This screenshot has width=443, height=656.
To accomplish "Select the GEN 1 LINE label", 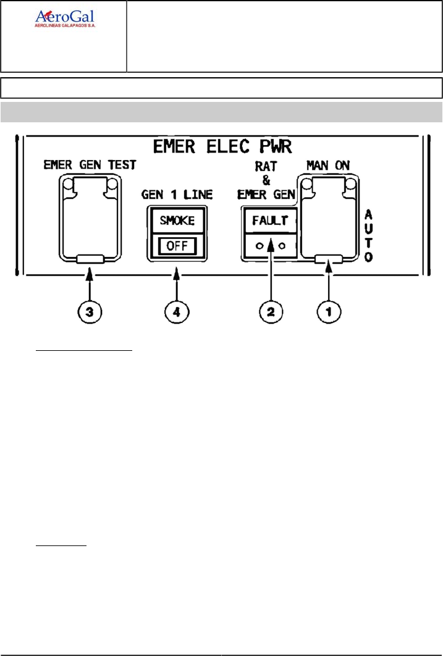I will click(177, 195).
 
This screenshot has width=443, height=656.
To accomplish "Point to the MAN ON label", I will click(327, 165).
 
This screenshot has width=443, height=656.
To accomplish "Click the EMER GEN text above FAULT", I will click(267, 195).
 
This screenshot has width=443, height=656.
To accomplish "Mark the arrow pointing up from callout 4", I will click(177, 282).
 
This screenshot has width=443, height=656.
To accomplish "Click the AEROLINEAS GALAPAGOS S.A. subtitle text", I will click(65, 27).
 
